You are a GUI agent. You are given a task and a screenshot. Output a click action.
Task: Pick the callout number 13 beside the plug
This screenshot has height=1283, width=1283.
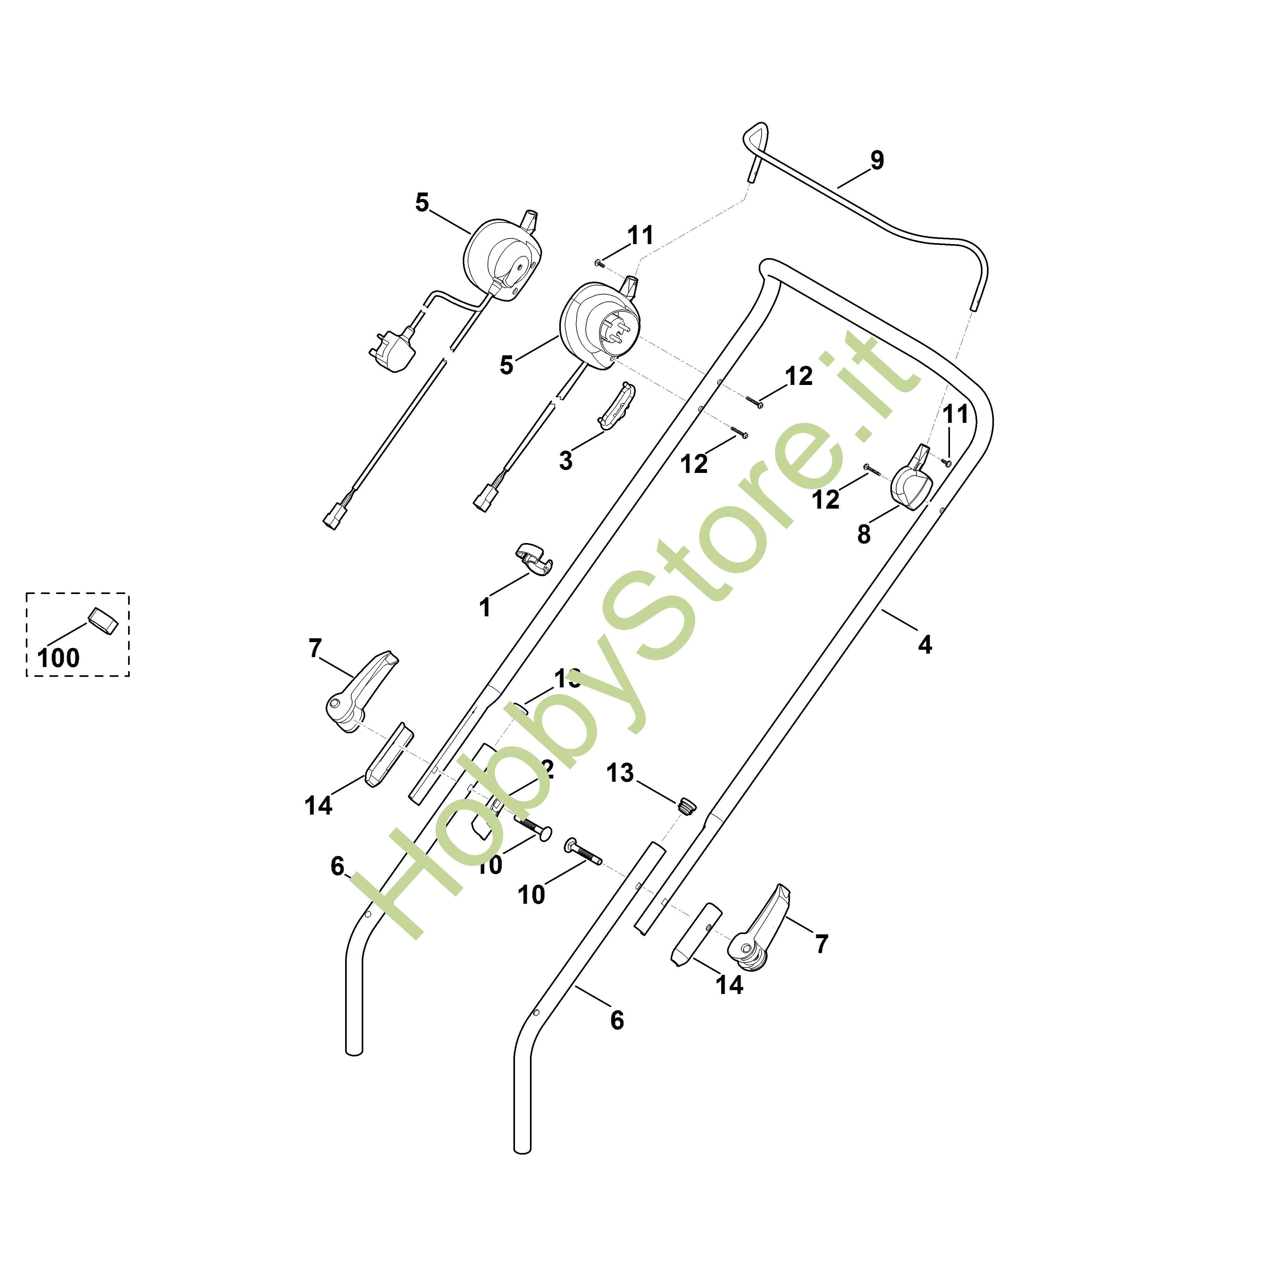tap(620, 773)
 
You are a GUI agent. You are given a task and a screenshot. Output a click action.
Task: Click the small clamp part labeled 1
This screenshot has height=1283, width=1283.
tap(535, 558)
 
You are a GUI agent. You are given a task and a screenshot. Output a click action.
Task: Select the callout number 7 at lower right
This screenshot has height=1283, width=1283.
tap(822, 944)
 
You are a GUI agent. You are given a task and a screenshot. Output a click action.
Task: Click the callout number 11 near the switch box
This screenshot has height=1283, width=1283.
tap(640, 235)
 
